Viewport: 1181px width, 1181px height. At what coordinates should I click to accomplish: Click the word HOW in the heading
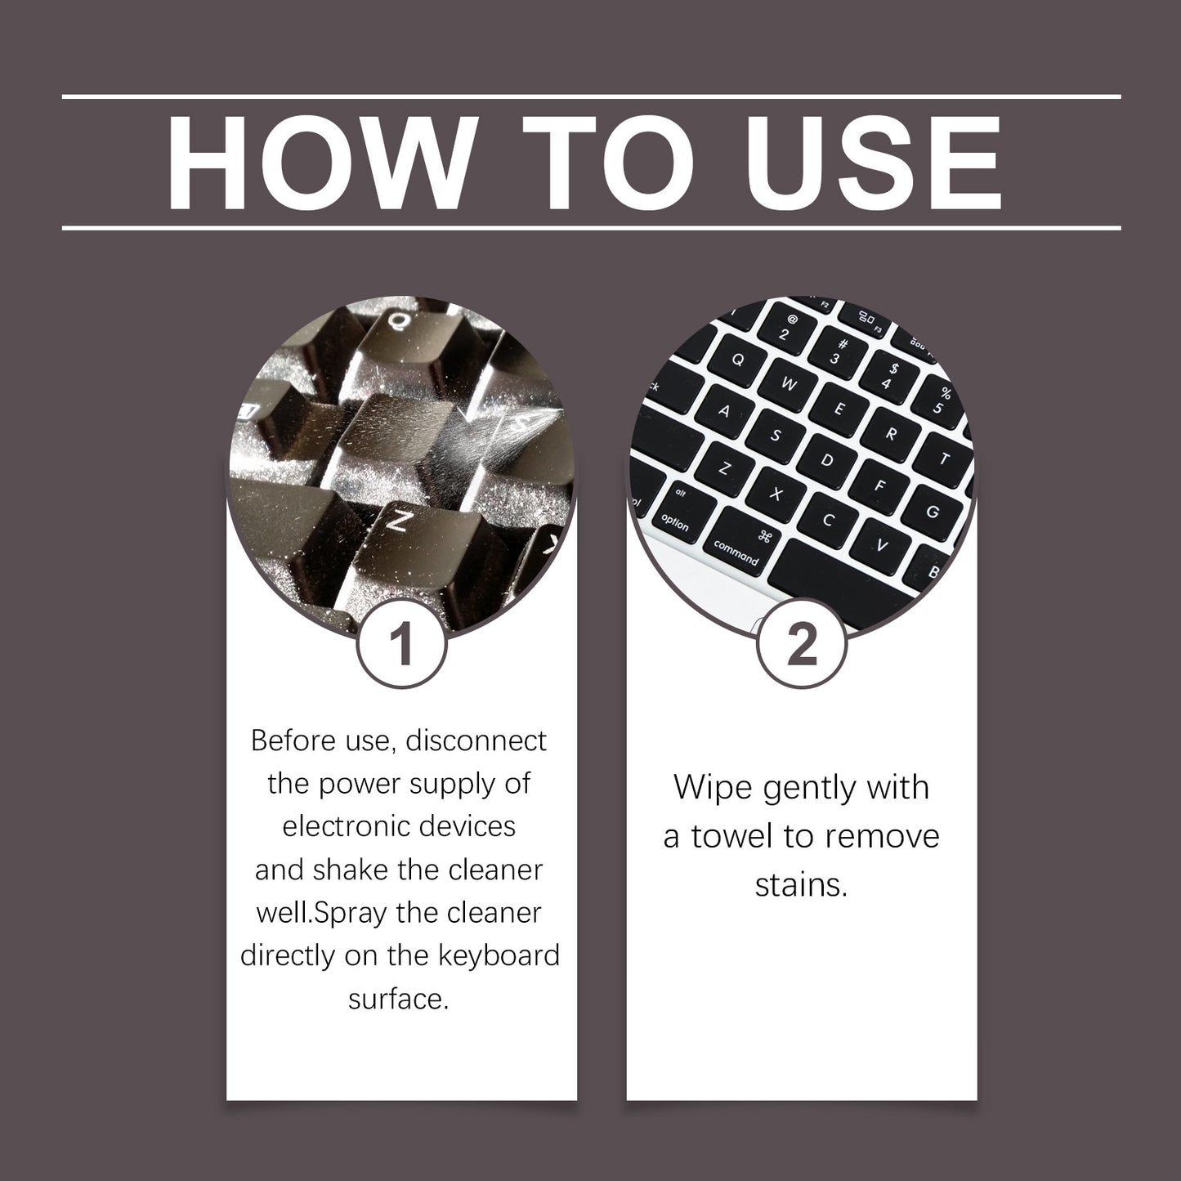coord(322,163)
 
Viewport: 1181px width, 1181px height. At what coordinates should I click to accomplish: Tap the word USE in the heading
coord(874,163)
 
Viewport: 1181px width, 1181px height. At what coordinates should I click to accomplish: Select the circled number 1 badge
coord(401,644)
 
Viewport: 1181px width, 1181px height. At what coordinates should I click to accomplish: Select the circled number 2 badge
coord(802,644)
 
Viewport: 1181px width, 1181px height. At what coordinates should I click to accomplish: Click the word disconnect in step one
coord(476,741)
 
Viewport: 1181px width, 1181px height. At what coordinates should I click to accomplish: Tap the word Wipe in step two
coord(714,788)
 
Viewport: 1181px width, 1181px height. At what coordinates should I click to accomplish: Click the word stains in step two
coord(801,885)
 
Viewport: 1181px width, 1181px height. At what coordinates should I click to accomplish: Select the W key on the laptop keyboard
coord(790,384)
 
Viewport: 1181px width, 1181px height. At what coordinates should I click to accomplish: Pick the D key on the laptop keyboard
coord(827,459)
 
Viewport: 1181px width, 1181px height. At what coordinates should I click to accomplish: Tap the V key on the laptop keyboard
coord(881,544)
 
